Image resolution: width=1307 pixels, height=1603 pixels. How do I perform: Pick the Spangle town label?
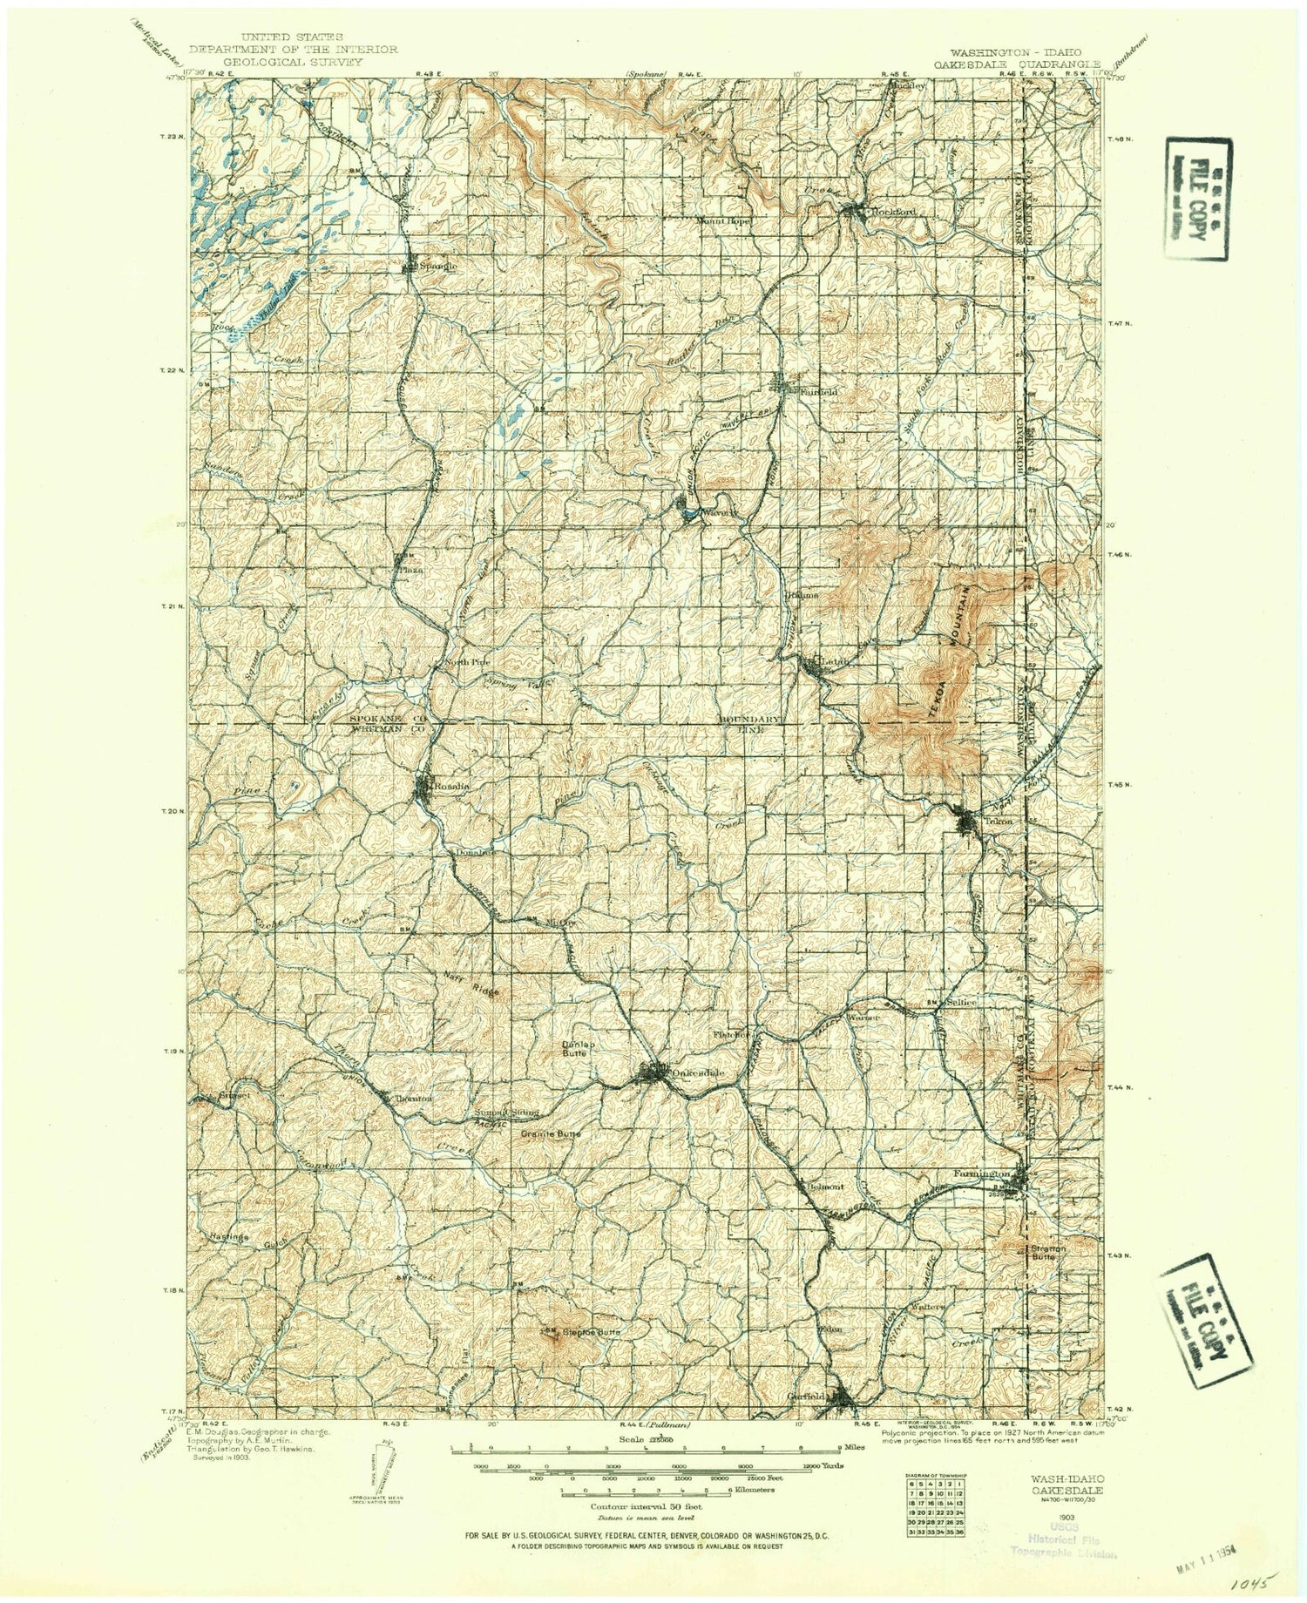pyautogui.click(x=437, y=266)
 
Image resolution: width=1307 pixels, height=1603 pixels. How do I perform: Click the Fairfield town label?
pyautogui.click(x=817, y=392)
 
